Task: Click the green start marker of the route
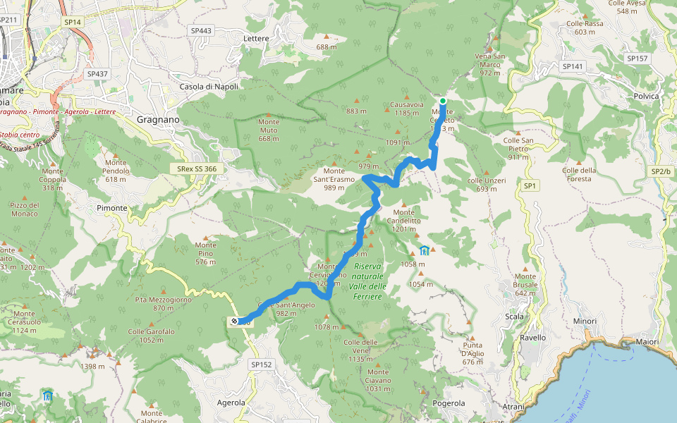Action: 443,101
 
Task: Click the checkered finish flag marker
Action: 233,321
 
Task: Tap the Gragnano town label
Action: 158,120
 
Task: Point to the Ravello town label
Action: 532,338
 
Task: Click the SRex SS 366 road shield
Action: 197,169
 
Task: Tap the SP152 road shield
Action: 261,364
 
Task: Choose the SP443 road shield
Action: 201,31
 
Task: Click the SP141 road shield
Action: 573,66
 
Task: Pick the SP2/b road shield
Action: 661,171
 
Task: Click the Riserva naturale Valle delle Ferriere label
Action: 367,281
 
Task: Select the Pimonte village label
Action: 112,208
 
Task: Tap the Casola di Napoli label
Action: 209,87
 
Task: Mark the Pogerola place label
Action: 449,403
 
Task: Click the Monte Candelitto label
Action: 404,220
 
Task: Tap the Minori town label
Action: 585,321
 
